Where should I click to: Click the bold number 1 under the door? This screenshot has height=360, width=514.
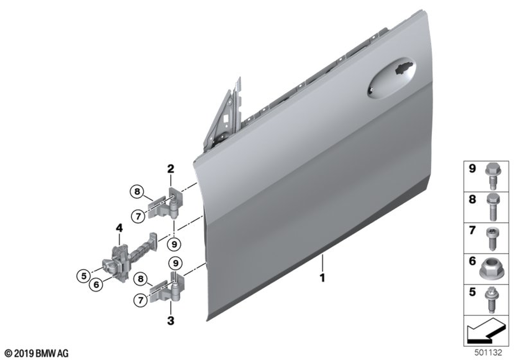point(323,278)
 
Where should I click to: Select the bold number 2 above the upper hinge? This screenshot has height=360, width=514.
point(171,169)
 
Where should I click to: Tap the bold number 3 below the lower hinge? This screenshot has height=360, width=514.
point(171,320)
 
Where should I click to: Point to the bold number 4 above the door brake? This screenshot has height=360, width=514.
point(119,228)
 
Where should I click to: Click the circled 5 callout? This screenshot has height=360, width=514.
point(84,276)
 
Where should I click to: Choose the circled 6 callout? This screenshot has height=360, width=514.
point(96,284)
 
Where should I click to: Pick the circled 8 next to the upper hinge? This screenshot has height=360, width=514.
point(137,191)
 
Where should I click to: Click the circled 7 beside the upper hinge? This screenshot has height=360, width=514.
point(138,217)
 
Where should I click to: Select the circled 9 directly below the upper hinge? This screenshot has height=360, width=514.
point(174,244)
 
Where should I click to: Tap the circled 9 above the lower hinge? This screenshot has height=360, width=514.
point(176,263)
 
